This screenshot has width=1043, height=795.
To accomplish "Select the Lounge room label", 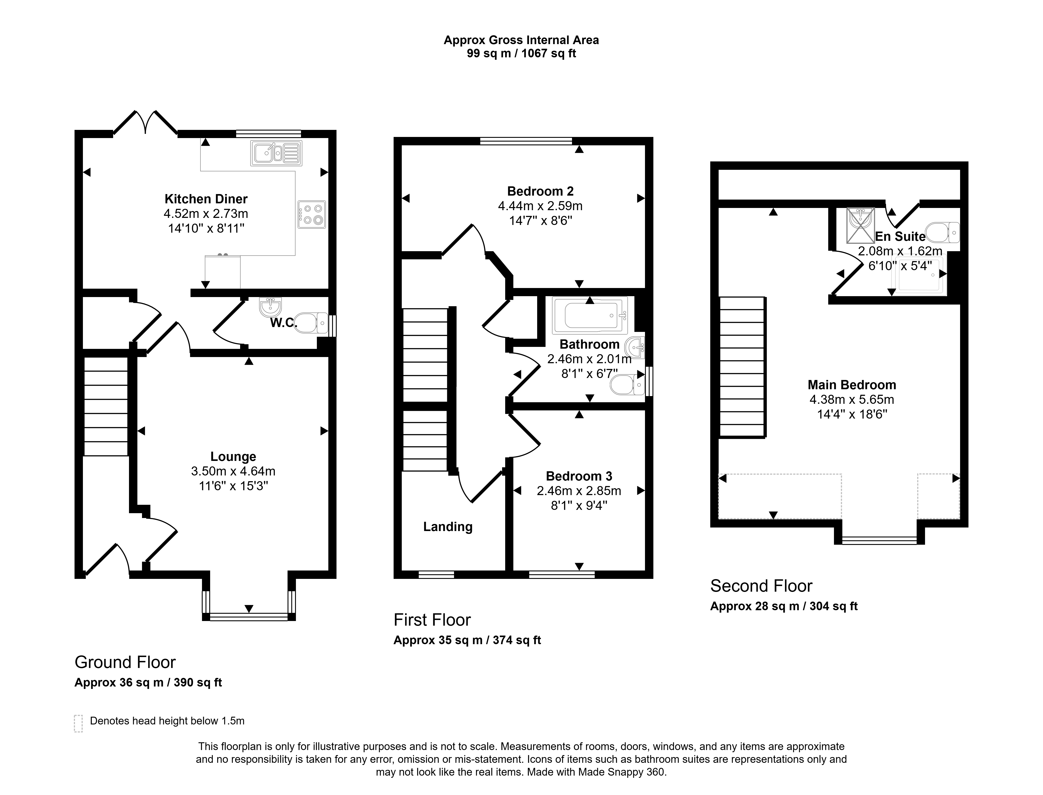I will (x=233, y=457).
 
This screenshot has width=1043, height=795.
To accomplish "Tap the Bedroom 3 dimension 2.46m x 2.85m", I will (x=579, y=491).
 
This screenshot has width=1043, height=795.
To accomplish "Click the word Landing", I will (x=448, y=527).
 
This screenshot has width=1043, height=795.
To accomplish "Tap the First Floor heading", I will (x=432, y=620).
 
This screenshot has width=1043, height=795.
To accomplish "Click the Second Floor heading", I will (x=761, y=586).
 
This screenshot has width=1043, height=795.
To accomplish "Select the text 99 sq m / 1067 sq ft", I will (x=521, y=53).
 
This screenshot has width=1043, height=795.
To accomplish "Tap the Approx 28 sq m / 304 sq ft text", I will (x=784, y=606).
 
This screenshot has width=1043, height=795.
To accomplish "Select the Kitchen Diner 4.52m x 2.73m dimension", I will (x=206, y=213).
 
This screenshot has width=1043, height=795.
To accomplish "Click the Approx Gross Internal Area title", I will (x=521, y=40).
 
